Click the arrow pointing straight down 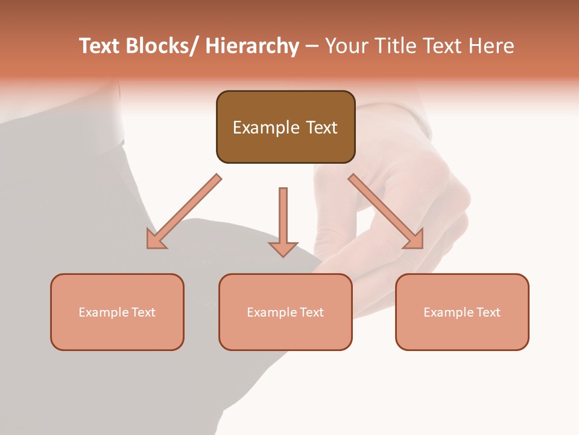283,221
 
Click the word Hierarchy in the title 252,46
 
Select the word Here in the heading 491,46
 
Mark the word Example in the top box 266,127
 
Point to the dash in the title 312,46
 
